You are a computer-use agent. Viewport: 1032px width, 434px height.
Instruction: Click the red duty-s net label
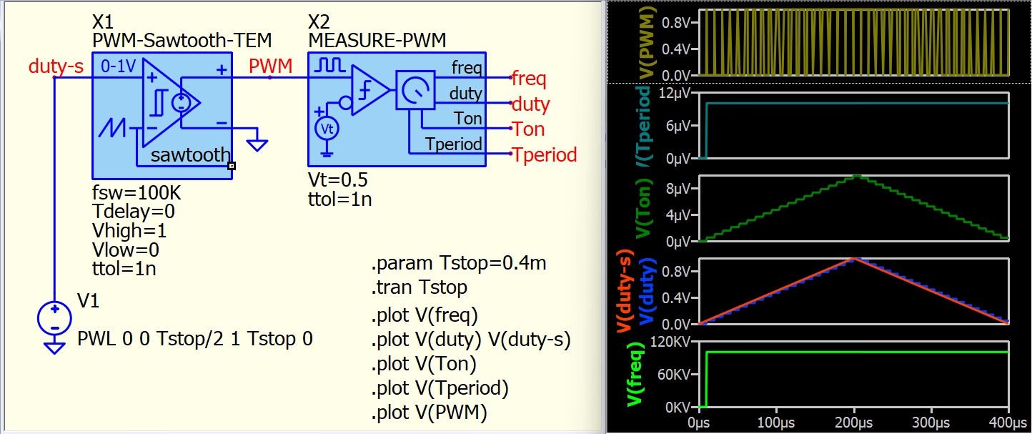coord(56,66)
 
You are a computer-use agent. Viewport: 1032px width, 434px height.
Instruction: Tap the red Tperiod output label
coord(544,155)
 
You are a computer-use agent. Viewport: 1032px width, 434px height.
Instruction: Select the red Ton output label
coord(528,129)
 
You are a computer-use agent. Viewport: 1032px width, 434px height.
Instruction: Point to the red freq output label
coord(529,77)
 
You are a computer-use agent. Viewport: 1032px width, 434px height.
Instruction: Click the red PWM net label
coord(270,66)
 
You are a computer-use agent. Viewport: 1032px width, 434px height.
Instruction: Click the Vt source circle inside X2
coord(327,129)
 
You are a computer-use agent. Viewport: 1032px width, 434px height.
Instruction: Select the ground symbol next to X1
coord(257,145)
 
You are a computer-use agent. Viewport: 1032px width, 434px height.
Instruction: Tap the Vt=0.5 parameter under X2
coord(338,179)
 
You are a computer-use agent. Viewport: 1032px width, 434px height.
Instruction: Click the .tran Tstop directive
coord(419,287)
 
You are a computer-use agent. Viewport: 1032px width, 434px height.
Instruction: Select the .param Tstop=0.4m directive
coord(458,263)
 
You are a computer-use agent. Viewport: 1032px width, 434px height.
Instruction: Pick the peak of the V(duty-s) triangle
coord(854,258)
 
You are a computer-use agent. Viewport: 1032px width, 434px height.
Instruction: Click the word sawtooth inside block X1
coord(190,155)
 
